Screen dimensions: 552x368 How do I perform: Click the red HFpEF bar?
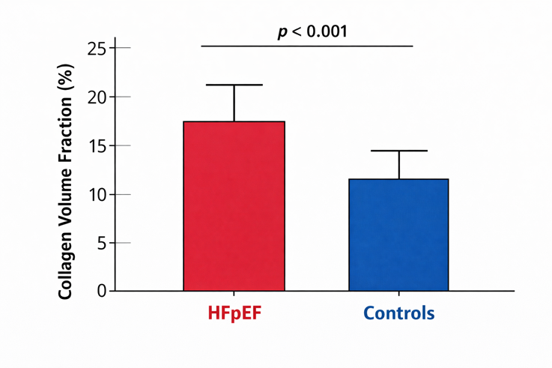click(x=234, y=206)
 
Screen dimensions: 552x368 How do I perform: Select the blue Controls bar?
click(x=398, y=235)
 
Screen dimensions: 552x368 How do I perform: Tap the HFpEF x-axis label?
click(x=235, y=313)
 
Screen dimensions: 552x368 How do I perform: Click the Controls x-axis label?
click(x=399, y=313)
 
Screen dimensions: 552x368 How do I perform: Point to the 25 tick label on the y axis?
click(x=97, y=48)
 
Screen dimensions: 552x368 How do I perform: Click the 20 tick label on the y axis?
click(x=97, y=97)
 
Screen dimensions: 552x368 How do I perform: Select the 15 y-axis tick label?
click(x=97, y=146)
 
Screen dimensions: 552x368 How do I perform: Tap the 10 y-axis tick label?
click(x=97, y=194)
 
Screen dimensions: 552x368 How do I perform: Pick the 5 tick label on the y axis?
click(x=102, y=243)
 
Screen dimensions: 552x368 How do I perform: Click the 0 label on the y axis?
click(x=102, y=291)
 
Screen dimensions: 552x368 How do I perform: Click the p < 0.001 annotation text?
click(x=312, y=31)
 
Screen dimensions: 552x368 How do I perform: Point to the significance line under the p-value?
click(x=307, y=46)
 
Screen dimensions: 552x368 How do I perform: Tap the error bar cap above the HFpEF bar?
click(x=234, y=85)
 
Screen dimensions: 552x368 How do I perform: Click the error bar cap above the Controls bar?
click(x=399, y=151)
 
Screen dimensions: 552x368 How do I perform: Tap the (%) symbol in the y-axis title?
click(x=67, y=77)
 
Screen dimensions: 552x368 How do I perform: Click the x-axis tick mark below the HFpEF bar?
click(x=234, y=294)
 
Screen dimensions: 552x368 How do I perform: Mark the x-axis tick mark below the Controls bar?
click(x=399, y=294)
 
